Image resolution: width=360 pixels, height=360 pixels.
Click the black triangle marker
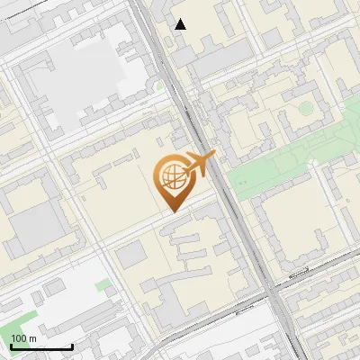tap(181, 24)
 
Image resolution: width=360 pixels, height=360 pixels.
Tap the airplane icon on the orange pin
tap(199, 163)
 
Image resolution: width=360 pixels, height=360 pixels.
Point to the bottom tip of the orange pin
tap(172, 211)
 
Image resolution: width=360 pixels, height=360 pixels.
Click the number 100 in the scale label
tap(19, 338)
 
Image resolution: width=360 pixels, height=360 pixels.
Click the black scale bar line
tap(41, 346)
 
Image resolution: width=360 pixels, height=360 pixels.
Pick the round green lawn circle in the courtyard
tap(306, 108)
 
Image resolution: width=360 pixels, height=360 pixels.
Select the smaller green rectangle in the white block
tap(104, 284)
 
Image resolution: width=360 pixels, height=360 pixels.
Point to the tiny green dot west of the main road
tap(160, 85)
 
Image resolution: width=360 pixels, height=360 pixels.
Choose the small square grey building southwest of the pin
tap(130, 255)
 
